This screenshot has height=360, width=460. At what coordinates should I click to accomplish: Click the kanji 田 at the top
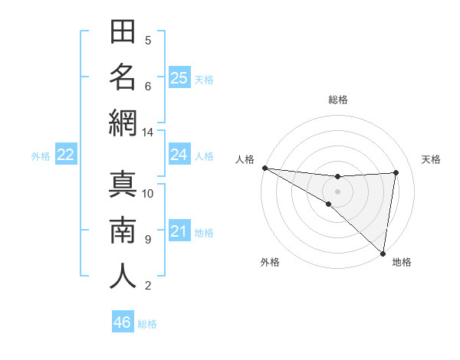point(123,33)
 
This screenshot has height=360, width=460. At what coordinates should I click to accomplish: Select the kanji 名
point(123,77)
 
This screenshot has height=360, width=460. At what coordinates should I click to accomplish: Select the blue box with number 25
point(179,78)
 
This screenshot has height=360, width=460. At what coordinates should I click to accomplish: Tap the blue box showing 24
point(179,155)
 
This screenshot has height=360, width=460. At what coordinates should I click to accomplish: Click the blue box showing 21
point(179,231)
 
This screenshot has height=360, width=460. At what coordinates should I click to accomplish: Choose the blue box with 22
point(65,155)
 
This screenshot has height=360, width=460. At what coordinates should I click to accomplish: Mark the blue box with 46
point(123,322)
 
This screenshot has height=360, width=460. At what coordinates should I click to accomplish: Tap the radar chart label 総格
point(337,100)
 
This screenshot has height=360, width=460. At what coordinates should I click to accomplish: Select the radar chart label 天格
point(431,159)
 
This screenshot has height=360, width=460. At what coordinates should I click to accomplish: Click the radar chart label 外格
point(270,262)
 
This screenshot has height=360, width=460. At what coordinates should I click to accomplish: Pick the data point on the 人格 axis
point(264,168)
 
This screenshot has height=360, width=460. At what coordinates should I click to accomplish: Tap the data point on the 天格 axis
point(396,172)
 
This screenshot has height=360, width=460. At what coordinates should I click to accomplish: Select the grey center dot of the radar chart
point(337,191)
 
